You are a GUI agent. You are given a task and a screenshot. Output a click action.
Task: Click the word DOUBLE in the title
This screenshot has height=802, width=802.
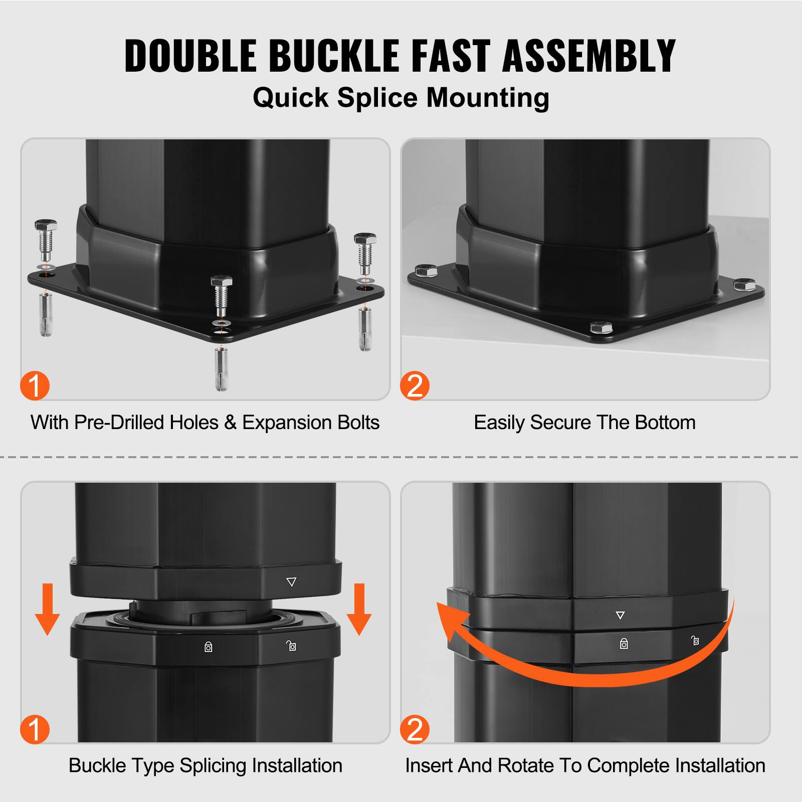pos(190,56)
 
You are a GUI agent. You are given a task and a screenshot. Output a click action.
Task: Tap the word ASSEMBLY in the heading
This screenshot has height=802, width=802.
pos(589,56)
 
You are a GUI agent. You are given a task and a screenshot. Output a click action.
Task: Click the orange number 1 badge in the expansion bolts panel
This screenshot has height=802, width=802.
pos(35,386)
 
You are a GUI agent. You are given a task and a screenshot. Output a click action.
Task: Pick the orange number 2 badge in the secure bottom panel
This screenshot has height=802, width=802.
pos(415,386)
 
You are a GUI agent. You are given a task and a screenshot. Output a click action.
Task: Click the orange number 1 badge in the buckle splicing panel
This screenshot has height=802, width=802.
pos(35,729)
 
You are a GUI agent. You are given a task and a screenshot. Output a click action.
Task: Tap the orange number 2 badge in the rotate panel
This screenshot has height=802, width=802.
pos(415,729)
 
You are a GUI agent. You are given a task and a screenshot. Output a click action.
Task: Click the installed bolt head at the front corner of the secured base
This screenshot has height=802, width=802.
pos(601,328)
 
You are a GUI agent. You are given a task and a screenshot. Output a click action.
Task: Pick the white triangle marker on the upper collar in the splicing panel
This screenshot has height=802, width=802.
pos(291,582)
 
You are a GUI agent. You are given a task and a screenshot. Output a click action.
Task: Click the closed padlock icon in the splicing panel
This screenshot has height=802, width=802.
pos(209,647)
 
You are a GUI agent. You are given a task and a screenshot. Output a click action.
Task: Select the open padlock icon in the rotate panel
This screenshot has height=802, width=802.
pos(695,640)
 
